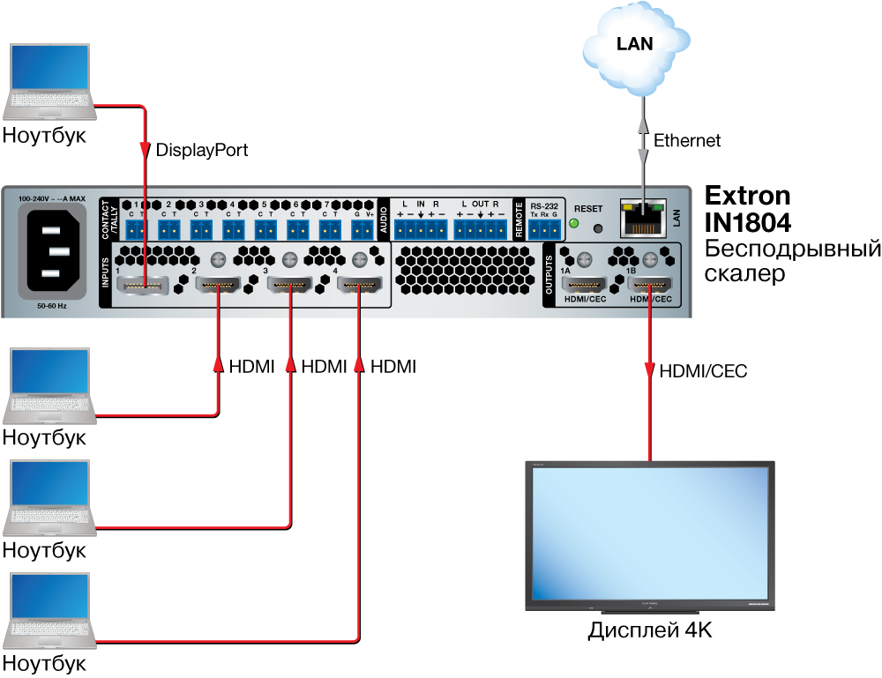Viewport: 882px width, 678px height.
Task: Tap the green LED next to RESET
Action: [x=573, y=223]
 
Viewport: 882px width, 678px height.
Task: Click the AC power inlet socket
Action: [x=52, y=250]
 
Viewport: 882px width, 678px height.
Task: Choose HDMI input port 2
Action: [x=217, y=285]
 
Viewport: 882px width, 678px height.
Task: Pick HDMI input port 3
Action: [x=289, y=285]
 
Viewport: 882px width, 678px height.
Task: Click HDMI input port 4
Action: [x=358, y=285]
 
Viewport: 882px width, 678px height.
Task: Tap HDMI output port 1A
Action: [x=584, y=285]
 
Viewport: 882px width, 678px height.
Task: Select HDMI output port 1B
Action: [x=650, y=285]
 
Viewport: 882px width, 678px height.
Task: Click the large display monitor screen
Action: [x=650, y=533]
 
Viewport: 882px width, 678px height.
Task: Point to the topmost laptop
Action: [x=49, y=80]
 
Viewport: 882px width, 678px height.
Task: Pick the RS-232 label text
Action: [x=544, y=205]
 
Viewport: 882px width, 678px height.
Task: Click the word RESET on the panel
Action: [x=588, y=209]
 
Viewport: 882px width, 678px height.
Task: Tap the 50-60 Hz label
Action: [x=52, y=306]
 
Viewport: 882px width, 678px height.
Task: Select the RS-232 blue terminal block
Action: [x=544, y=229]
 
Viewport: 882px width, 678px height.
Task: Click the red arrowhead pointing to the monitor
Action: [x=650, y=370]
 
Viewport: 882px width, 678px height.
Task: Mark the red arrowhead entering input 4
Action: [x=358, y=363]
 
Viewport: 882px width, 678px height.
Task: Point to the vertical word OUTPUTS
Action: [x=549, y=275]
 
